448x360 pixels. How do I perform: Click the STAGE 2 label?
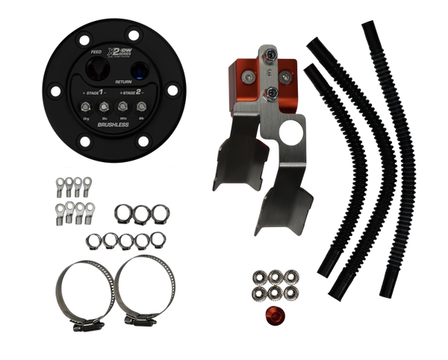pyautogui.click(x=128, y=94)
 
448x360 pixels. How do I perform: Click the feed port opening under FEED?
pyautogui.click(x=95, y=69)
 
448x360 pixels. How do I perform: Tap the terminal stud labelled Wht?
pyautogui.click(x=120, y=108)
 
